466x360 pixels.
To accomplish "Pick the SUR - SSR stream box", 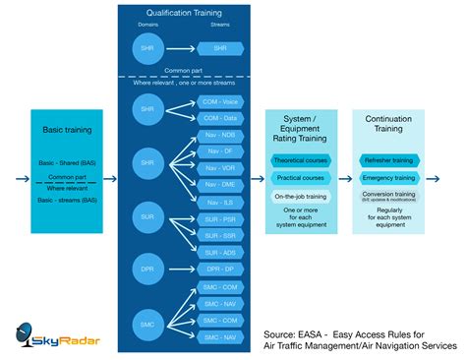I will click(x=219, y=237).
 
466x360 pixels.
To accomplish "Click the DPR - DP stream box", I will click(x=219, y=268).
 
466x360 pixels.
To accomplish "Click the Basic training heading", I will click(x=68, y=129).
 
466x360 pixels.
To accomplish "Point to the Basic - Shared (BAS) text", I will click(x=68, y=163).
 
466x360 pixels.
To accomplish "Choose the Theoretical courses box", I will click(x=300, y=160).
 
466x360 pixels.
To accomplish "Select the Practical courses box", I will click(x=300, y=178).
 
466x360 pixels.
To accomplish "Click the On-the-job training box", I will click(x=300, y=196).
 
